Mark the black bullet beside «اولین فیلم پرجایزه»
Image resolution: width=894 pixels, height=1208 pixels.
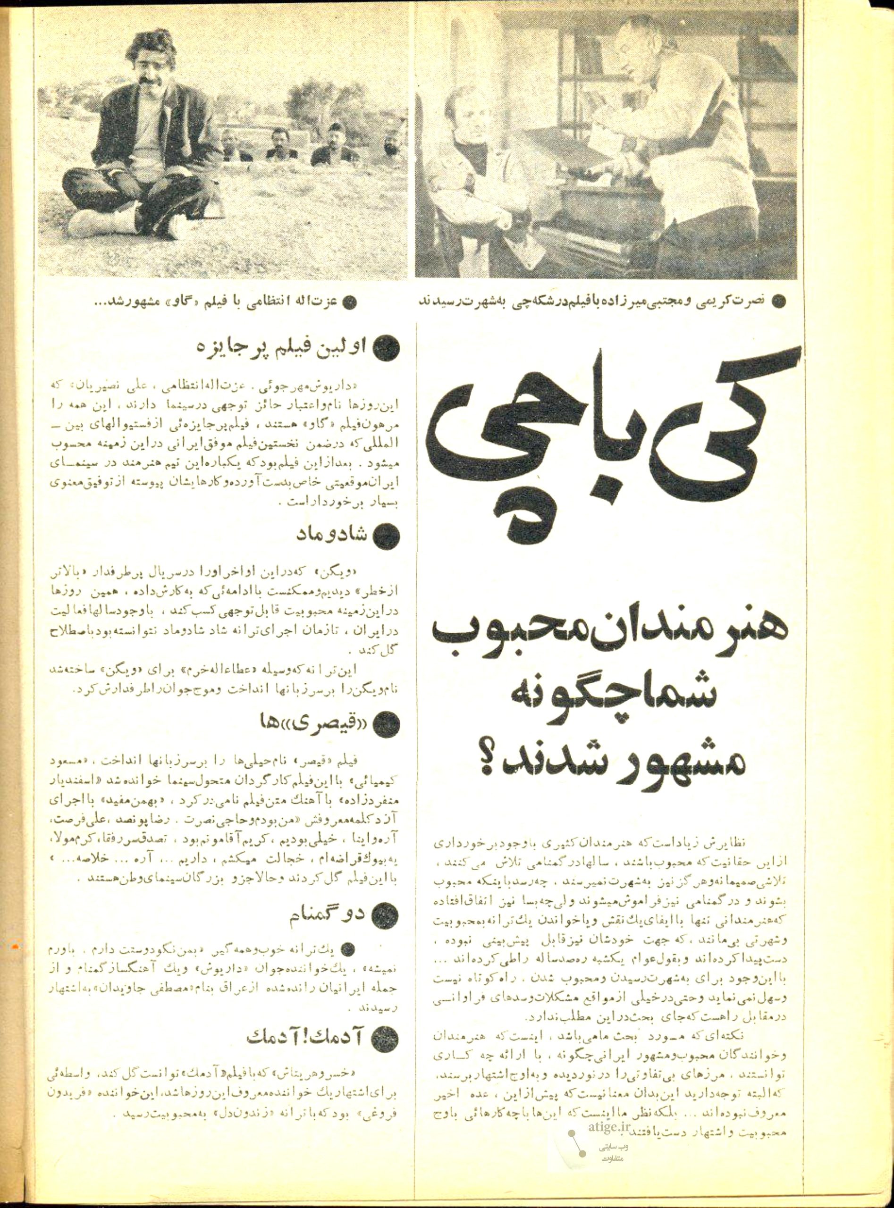(x=388, y=347)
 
